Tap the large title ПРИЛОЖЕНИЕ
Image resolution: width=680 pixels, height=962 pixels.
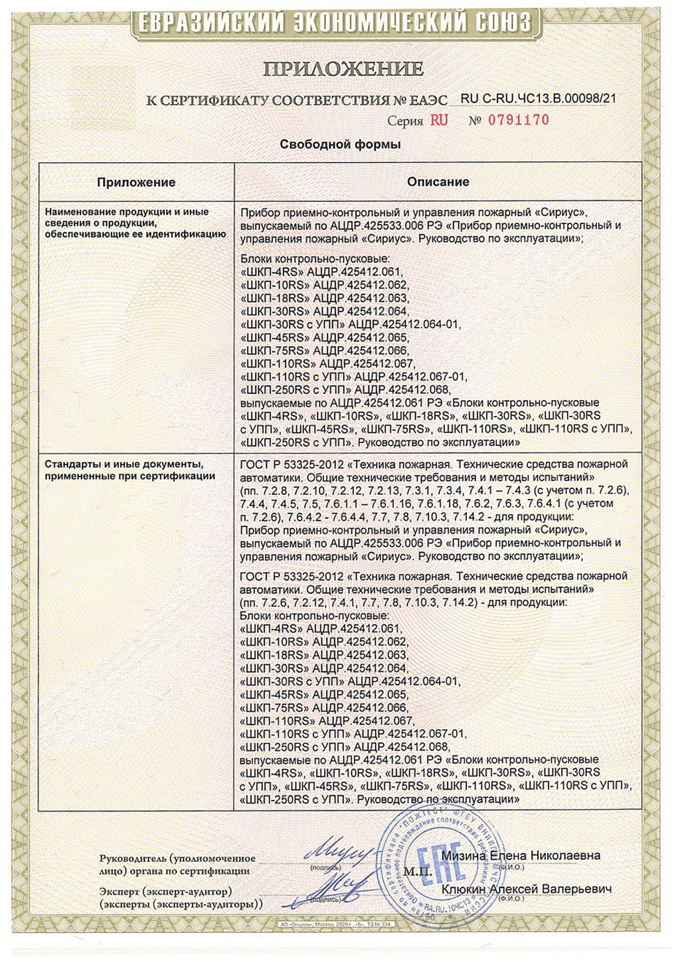tap(343, 68)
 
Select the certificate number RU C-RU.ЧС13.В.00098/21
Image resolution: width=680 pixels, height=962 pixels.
tap(539, 99)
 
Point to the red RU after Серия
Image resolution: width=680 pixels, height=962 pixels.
tap(439, 120)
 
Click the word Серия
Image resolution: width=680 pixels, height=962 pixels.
tap(405, 121)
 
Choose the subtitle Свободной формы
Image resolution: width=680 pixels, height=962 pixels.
tap(340, 144)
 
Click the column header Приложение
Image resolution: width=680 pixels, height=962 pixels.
tap(136, 182)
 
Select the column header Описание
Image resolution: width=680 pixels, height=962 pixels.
tap(438, 181)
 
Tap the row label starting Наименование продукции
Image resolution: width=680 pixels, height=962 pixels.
tap(135, 223)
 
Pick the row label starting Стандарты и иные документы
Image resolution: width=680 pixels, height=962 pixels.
tap(130, 470)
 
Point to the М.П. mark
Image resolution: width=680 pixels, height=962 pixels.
tap(417, 871)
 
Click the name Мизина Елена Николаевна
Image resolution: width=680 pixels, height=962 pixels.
tap(521, 856)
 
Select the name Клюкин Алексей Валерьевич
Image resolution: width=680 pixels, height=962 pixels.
tap(526, 889)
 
